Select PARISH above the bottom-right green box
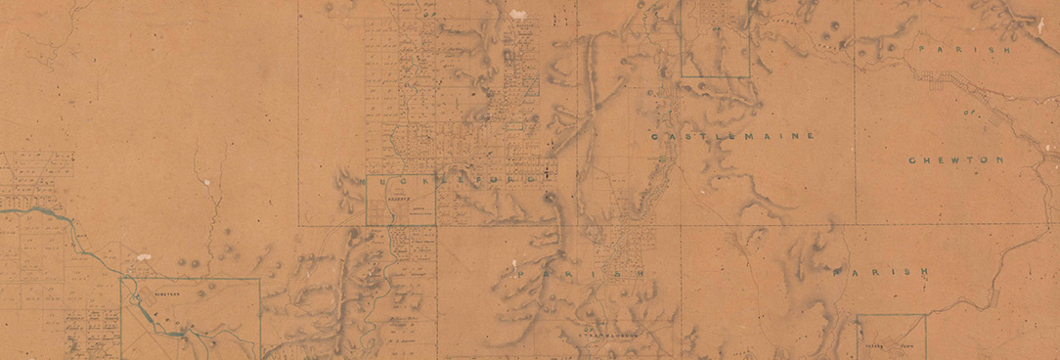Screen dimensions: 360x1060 coord(877,275)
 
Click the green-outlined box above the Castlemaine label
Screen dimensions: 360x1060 coord(715,39)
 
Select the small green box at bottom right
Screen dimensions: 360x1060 coord(891,337)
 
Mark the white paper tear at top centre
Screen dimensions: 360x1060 coord(517,15)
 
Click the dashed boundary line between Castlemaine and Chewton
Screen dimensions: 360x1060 coord(856,117)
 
